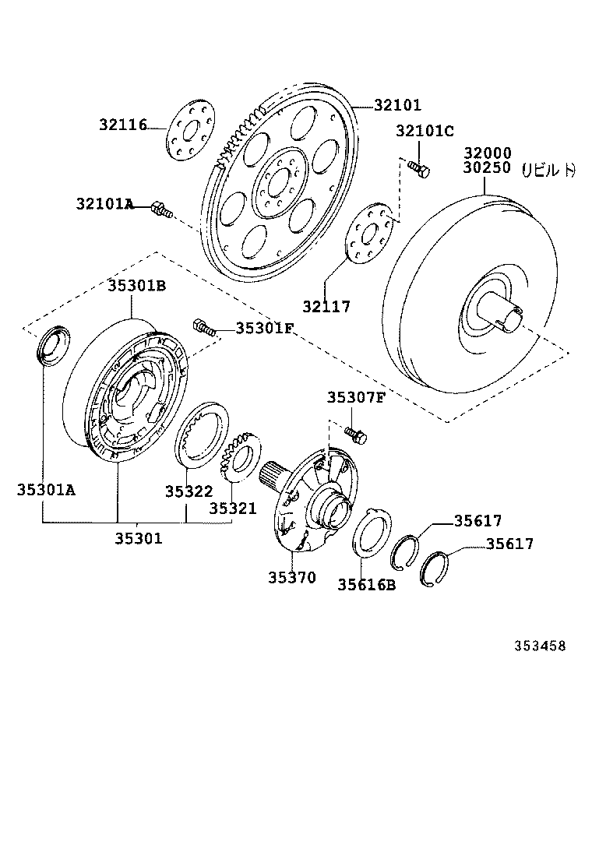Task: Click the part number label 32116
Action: (122, 124)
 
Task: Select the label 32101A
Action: (104, 204)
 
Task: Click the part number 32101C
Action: (424, 131)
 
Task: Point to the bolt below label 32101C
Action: (419, 167)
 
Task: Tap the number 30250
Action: (487, 167)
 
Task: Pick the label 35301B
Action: (136, 286)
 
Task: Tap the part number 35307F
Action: (355, 397)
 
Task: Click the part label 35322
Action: (189, 491)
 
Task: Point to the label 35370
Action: (292, 577)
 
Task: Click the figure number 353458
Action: (538, 646)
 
